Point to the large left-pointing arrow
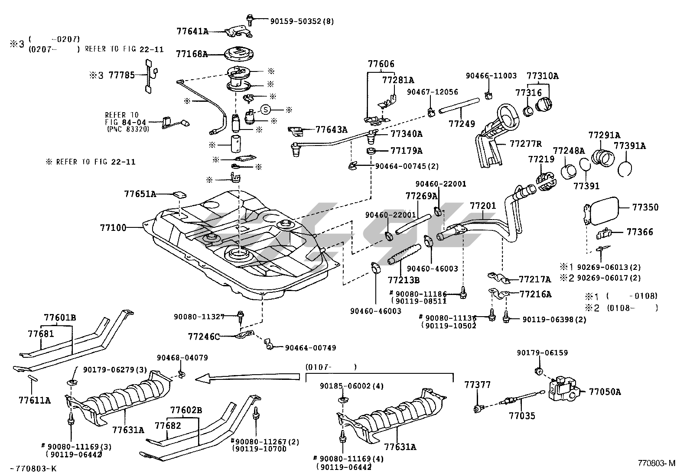[247, 378]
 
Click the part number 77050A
[605, 392]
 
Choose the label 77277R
[526, 143]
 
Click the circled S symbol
[265, 110]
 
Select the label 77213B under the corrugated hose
[404, 280]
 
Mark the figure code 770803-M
[656, 463]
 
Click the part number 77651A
[140, 194]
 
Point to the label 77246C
[204, 336]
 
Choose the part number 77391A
[629, 146]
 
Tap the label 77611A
[34, 400]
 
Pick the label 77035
[522, 416]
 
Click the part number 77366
[639, 232]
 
